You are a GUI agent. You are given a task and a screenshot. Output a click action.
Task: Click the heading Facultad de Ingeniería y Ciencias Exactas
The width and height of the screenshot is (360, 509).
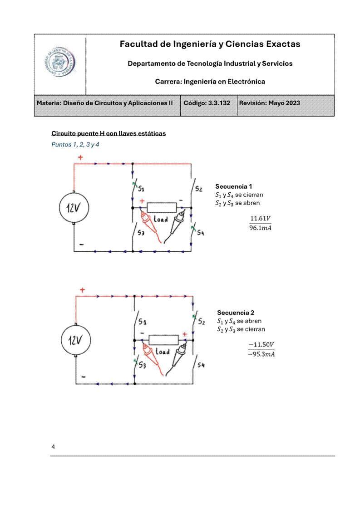210,44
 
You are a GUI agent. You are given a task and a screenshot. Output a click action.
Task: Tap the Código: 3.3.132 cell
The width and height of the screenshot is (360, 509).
208,103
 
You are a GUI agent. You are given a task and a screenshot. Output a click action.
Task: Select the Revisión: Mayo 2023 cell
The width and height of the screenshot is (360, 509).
270,103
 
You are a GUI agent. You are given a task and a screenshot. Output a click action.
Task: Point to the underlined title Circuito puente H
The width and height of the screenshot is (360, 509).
108,133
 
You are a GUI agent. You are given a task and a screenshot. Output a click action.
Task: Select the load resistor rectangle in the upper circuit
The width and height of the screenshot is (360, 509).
162,207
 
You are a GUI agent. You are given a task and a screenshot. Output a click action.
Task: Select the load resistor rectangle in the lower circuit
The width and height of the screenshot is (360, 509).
163,339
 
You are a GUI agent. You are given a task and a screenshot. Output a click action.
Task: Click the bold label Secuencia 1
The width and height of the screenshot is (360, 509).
234,186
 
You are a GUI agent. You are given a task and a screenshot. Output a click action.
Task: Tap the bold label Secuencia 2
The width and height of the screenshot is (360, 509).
236,313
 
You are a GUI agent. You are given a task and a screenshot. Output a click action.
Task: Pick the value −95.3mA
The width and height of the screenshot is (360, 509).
261,354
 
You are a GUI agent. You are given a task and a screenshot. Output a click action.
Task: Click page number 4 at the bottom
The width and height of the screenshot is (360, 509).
53,447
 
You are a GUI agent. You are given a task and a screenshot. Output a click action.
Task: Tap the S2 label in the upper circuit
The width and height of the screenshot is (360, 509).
198,189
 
